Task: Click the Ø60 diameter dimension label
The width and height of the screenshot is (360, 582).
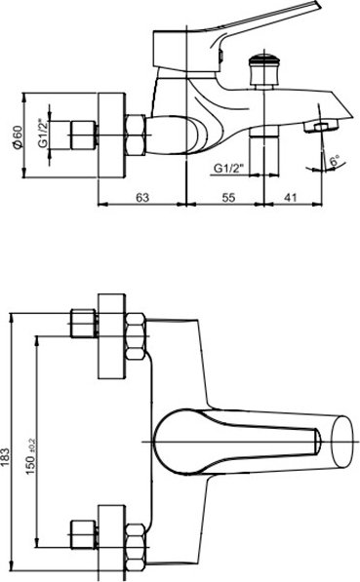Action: [18, 137]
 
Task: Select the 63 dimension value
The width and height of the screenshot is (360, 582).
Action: [141, 197]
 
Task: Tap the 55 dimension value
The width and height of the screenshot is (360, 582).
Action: [228, 197]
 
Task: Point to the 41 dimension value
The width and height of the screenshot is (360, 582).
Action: [291, 197]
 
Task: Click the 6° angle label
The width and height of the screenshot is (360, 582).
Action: [335, 161]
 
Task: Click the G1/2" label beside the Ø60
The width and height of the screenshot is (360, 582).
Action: [44, 134]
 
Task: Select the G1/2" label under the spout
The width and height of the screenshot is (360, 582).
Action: [227, 169]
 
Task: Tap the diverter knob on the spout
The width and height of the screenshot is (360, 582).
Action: [263, 70]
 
